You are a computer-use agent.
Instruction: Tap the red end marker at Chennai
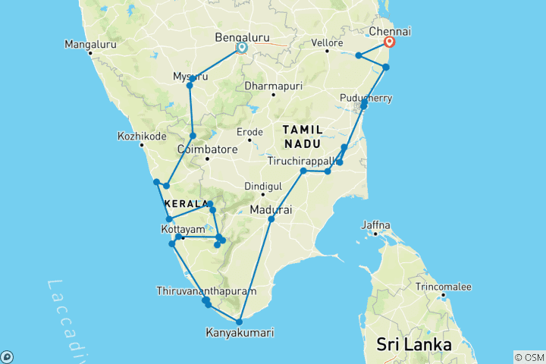(x=390, y=42)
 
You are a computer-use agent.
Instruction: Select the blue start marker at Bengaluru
(x=242, y=48)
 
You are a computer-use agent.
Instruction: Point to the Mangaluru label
(x=90, y=43)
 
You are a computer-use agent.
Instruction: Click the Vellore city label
(x=327, y=42)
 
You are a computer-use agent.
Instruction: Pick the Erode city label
(x=249, y=132)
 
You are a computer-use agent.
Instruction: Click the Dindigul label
(x=263, y=186)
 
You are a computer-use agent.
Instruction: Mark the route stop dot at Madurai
(x=271, y=219)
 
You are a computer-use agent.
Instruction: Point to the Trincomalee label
(x=443, y=287)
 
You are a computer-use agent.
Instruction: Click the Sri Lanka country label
(x=414, y=345)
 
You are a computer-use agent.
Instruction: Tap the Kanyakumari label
(x=240, y=332)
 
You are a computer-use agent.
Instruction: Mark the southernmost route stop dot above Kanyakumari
(x=239, y=322)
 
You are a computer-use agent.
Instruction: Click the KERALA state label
(x=186, y=204)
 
